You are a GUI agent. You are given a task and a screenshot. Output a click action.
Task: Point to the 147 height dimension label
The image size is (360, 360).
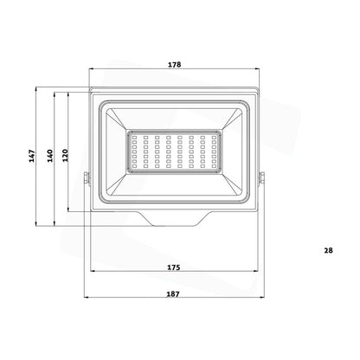tap(31, 157)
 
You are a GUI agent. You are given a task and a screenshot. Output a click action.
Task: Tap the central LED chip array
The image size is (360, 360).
tap(173, 152)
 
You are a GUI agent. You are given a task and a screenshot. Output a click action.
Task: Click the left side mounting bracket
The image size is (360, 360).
tap(85, 180)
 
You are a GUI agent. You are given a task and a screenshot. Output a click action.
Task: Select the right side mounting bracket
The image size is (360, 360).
tap(262, 180)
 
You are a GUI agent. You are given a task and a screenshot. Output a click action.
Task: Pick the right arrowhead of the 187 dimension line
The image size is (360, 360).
tap(263, 302)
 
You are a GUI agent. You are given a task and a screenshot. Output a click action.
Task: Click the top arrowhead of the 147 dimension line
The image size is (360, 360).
tap(37, 88)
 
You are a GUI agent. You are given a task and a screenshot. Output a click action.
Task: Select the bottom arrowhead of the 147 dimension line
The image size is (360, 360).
tap(37, 226)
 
